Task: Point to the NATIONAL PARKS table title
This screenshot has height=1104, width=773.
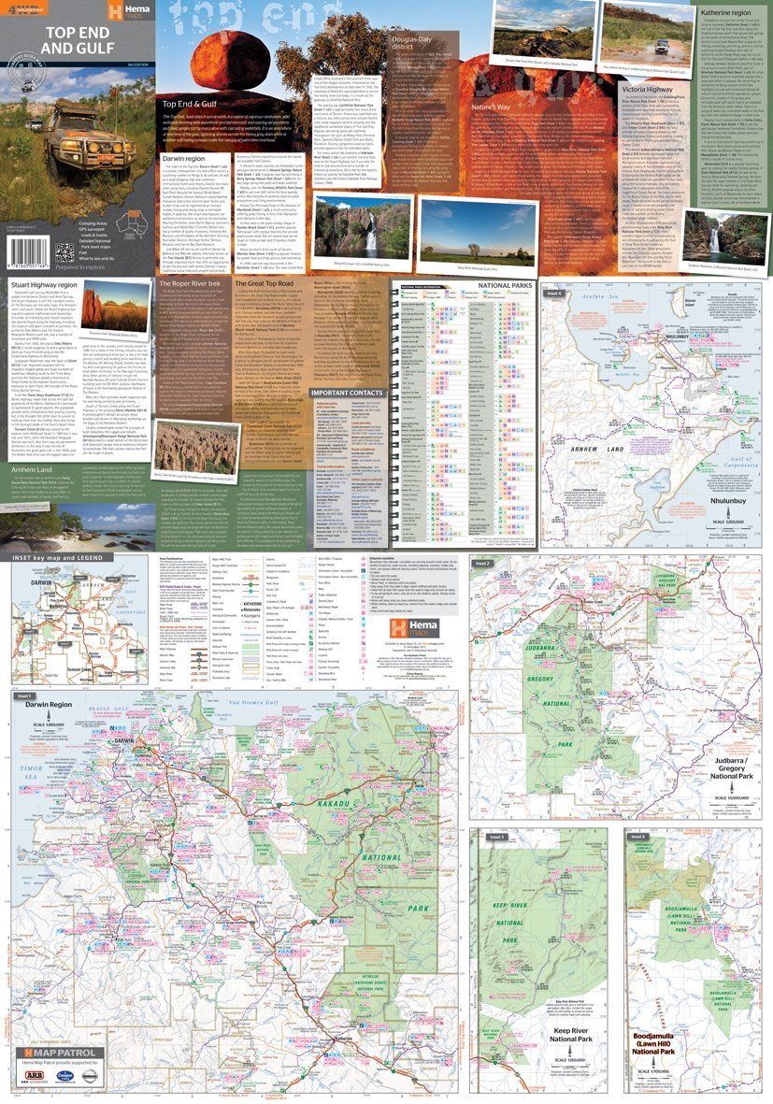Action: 506,285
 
